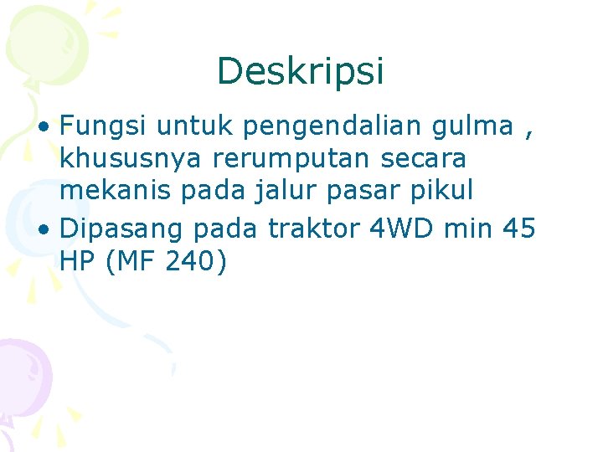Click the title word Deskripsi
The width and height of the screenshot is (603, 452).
pyautogui.click(x=301, y=72)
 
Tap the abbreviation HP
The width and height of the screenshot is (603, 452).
pyautogui.click(x=79, y=261)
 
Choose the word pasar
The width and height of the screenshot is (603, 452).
pyautogui.click(x=372, y=191)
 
